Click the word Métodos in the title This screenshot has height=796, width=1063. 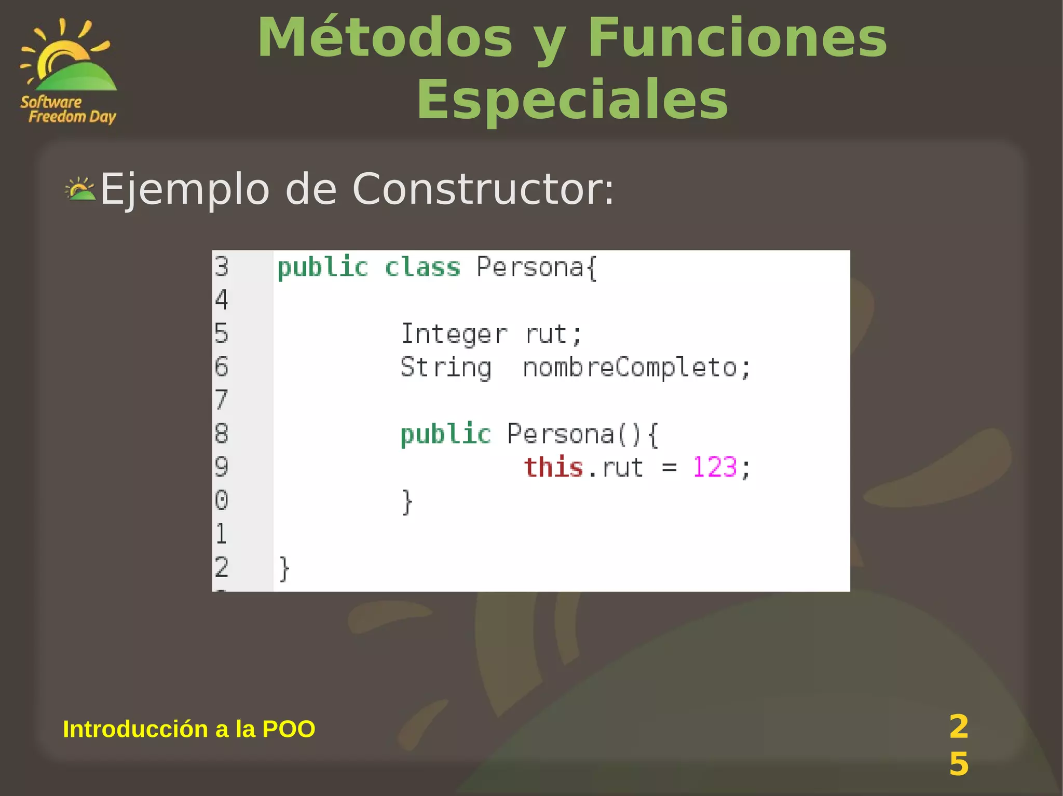pos(385,38)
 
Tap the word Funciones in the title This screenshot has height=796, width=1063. pos(737,38)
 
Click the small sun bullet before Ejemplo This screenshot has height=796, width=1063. pos(80,189)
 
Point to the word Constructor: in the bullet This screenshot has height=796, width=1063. pos(483,189)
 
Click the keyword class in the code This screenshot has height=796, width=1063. pos(423,268)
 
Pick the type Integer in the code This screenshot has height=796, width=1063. pos(454,334)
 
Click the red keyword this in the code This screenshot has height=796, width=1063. pos(553,467)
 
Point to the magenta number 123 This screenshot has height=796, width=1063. pos(715,467)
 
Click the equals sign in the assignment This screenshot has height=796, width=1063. pos(669,468)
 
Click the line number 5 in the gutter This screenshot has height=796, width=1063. pos(222,333)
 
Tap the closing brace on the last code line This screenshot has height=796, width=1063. pos(284,569)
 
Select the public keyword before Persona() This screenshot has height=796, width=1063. pos(445,435)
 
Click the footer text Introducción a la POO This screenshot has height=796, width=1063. pos(189,729)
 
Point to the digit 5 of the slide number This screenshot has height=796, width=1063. pos(959,764)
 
